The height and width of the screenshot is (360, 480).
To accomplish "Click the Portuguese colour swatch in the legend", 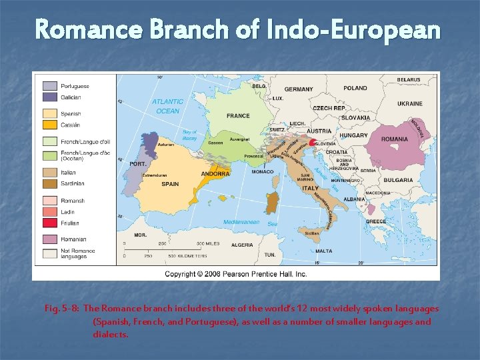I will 50,86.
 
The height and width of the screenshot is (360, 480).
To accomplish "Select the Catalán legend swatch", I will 50,124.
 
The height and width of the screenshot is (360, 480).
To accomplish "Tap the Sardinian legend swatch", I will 50,183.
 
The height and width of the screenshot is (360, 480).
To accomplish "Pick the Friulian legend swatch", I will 50,223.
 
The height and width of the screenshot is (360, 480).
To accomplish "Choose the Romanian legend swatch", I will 50,239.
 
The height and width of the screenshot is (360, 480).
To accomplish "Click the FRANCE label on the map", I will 238,116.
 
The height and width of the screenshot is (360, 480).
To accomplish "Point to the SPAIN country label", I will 169,184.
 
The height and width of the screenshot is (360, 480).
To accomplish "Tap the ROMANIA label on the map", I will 395,139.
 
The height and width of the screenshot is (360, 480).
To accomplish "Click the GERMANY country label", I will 298,89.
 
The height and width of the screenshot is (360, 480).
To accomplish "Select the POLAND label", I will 355,88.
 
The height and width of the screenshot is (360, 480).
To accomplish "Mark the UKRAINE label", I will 410,104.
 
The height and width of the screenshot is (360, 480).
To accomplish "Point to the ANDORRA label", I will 216,174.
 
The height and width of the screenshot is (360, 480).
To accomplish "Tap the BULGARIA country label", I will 399,180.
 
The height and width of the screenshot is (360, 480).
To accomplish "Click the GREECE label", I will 376,221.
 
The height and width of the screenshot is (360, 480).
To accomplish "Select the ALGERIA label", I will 242,245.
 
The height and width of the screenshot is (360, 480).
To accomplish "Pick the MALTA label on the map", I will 324,251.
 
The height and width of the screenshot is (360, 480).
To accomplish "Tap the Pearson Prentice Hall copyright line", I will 236,274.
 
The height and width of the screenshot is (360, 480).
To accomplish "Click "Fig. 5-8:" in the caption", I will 63,309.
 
